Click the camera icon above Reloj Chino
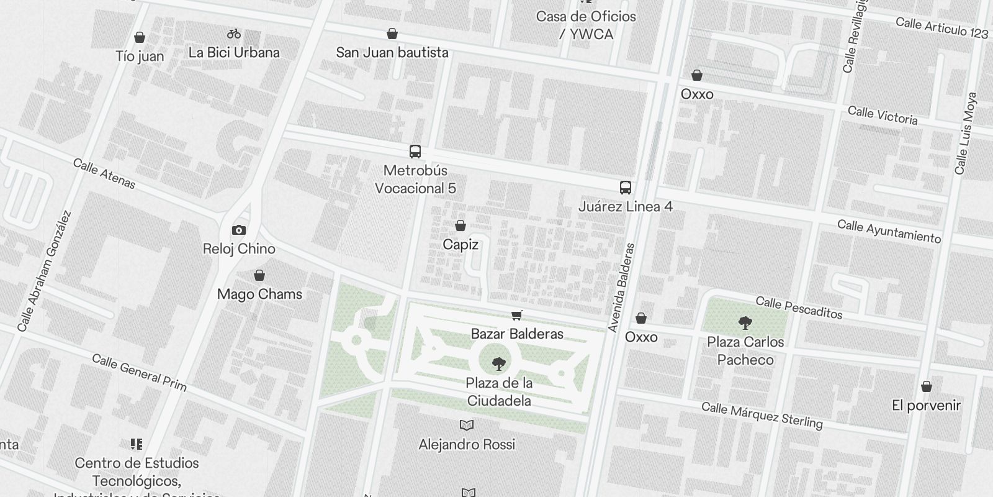click(239, 230)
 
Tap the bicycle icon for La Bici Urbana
click(234, 34)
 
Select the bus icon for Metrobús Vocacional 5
click(415, 151)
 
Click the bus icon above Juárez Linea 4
click(626, 187)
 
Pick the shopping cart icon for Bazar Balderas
click(516, 315)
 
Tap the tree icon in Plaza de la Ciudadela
click(498, 364)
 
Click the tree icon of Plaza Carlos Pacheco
click(745, 323)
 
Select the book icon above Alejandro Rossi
click(467, 426)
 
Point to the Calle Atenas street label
click(104, 173)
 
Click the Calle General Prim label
click(139, 372)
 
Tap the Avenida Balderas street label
click(622, 287)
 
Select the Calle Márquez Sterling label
click(762, 416)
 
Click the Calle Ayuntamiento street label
click(889, 231)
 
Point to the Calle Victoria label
click(882, 115)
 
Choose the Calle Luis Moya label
click(966, 134)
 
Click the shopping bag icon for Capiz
click(461, 226)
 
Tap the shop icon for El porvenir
click(926, 386)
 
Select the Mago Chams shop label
click(259, 294)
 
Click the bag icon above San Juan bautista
click(392, 34)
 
